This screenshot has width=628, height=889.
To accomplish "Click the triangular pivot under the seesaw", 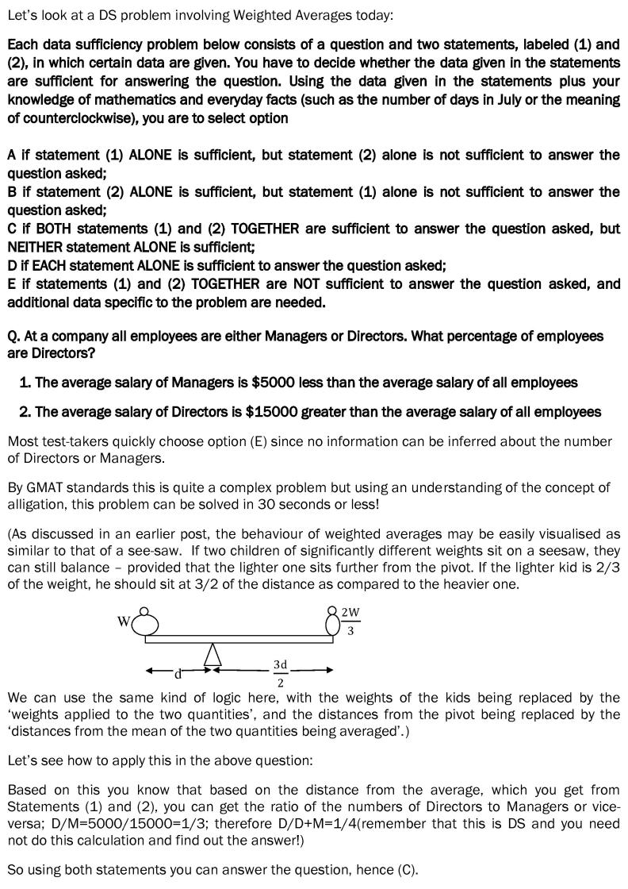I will (x=212, y=654).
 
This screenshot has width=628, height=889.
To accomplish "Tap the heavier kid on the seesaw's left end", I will (x=144, y=622).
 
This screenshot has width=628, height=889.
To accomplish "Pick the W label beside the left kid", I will (x=124, y=622).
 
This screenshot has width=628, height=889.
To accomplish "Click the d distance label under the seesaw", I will (x=178, y=674).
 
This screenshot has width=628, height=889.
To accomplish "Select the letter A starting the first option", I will (x=12, y=155).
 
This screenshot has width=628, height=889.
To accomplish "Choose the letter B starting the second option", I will (x=12, y=192).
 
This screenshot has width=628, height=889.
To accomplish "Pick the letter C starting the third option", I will (x=12, y=229).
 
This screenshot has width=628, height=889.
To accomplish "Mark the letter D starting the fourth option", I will (x=12, y=265).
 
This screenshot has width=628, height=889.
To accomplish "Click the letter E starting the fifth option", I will (x=12, y=283).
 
